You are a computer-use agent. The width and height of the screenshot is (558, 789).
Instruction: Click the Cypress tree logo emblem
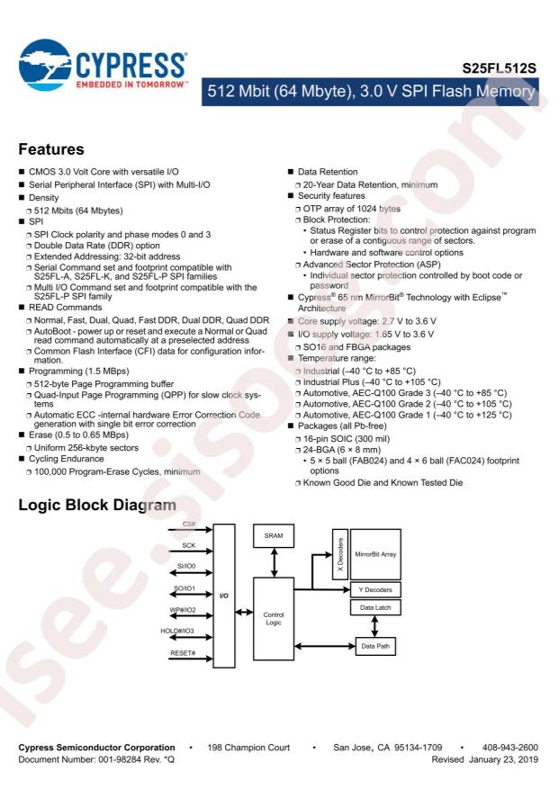(44, 65)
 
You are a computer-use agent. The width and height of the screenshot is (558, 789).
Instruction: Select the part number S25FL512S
(499, 68)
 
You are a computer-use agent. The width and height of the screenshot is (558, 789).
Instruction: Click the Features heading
(51, 149)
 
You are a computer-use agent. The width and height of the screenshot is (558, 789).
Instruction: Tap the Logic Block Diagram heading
(97, 505)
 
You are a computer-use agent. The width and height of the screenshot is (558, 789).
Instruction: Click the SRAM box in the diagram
(274, 536)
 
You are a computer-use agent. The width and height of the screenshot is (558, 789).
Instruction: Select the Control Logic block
(274, 618)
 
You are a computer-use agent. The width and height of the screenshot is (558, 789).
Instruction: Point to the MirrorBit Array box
(375, 554)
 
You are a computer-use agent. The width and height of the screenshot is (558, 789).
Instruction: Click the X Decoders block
(340, 554)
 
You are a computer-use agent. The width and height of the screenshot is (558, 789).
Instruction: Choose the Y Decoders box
(375, 590)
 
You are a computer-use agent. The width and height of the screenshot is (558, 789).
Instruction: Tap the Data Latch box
(375, 607)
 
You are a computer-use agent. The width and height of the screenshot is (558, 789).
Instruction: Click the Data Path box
(375, 646)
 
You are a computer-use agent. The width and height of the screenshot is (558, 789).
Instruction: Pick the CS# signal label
(189, 524)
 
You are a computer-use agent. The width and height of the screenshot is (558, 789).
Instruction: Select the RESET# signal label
(183, 653)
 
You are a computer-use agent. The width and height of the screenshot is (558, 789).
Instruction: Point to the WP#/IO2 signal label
(183, 610)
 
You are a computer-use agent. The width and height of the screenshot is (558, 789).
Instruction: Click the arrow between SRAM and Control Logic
(274, 562)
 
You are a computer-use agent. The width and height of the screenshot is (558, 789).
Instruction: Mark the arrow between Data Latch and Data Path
(375, 626)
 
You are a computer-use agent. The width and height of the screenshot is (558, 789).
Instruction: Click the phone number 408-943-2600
(510, 748)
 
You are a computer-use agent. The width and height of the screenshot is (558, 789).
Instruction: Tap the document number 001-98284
(119, 759)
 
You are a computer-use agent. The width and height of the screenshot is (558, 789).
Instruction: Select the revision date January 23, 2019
(504, 760)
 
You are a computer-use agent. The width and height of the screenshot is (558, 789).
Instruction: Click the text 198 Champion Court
(248, 748)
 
